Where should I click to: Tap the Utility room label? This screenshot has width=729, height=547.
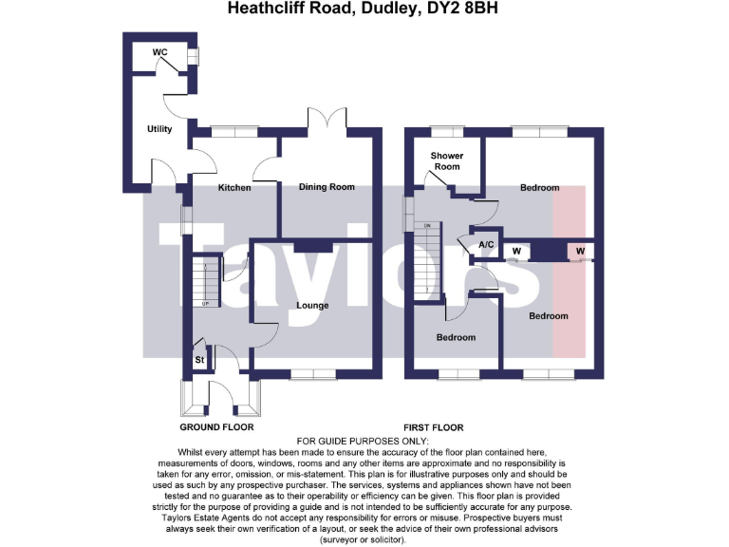pos(159,129)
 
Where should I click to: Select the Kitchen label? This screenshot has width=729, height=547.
pos(234,188)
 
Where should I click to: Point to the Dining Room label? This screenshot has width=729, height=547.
pos(327,187)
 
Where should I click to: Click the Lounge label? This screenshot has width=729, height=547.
pos(312,306)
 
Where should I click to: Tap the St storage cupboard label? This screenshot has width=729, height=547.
pos(200,361)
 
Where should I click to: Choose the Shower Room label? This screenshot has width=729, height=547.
pos(446,160)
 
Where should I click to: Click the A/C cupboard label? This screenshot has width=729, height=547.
pos(487,245)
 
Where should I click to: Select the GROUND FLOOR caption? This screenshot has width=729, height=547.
pos(217,427)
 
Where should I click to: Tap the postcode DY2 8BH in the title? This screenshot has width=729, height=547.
pos(471,9)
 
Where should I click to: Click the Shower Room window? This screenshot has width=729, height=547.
pos(443,130)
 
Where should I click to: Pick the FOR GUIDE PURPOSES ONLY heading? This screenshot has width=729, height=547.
pos(363,442)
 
